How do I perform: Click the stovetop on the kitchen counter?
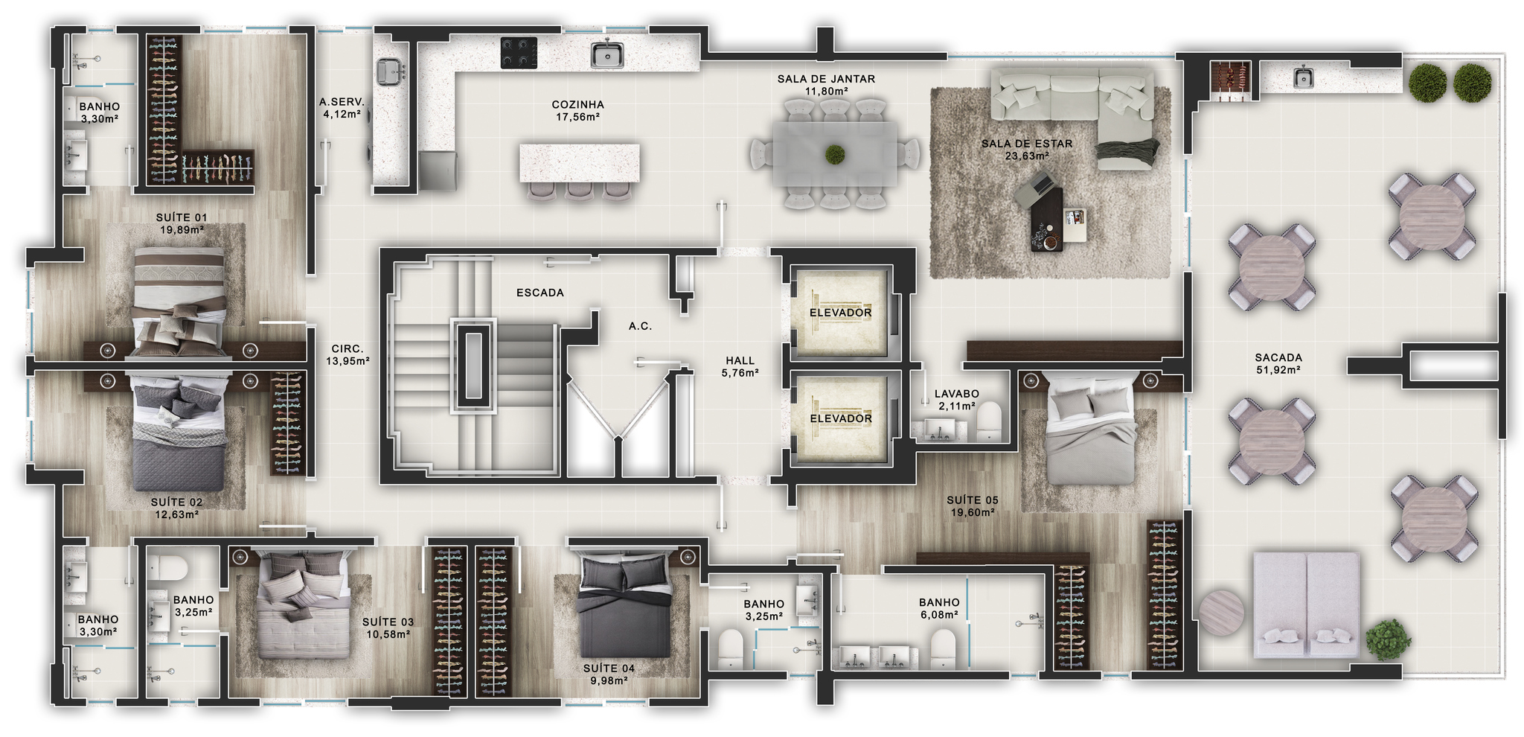(519, 53)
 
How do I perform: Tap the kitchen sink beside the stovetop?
(607, 54)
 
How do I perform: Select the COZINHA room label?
(577, 105)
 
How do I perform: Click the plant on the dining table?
(835, 155)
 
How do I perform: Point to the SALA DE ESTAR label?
(1027, 144)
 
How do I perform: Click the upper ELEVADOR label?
(841, 313)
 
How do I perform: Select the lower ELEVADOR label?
(841, 418)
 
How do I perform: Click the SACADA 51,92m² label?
(1278, 363)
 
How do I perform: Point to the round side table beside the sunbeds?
(1220, 612)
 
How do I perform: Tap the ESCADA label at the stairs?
(540, 293)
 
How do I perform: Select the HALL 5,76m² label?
(740, 366)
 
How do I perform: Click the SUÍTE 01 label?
(182, 218)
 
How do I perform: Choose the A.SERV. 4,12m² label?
(342, 108)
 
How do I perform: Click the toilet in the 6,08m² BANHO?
(944, 648)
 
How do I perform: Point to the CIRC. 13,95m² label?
(348, 354)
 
